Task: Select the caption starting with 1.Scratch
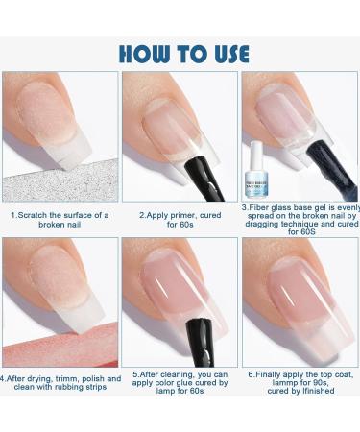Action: tap(60, 220)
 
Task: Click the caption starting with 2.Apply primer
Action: tap(180, 220)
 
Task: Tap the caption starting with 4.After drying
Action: tap(60, 383)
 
